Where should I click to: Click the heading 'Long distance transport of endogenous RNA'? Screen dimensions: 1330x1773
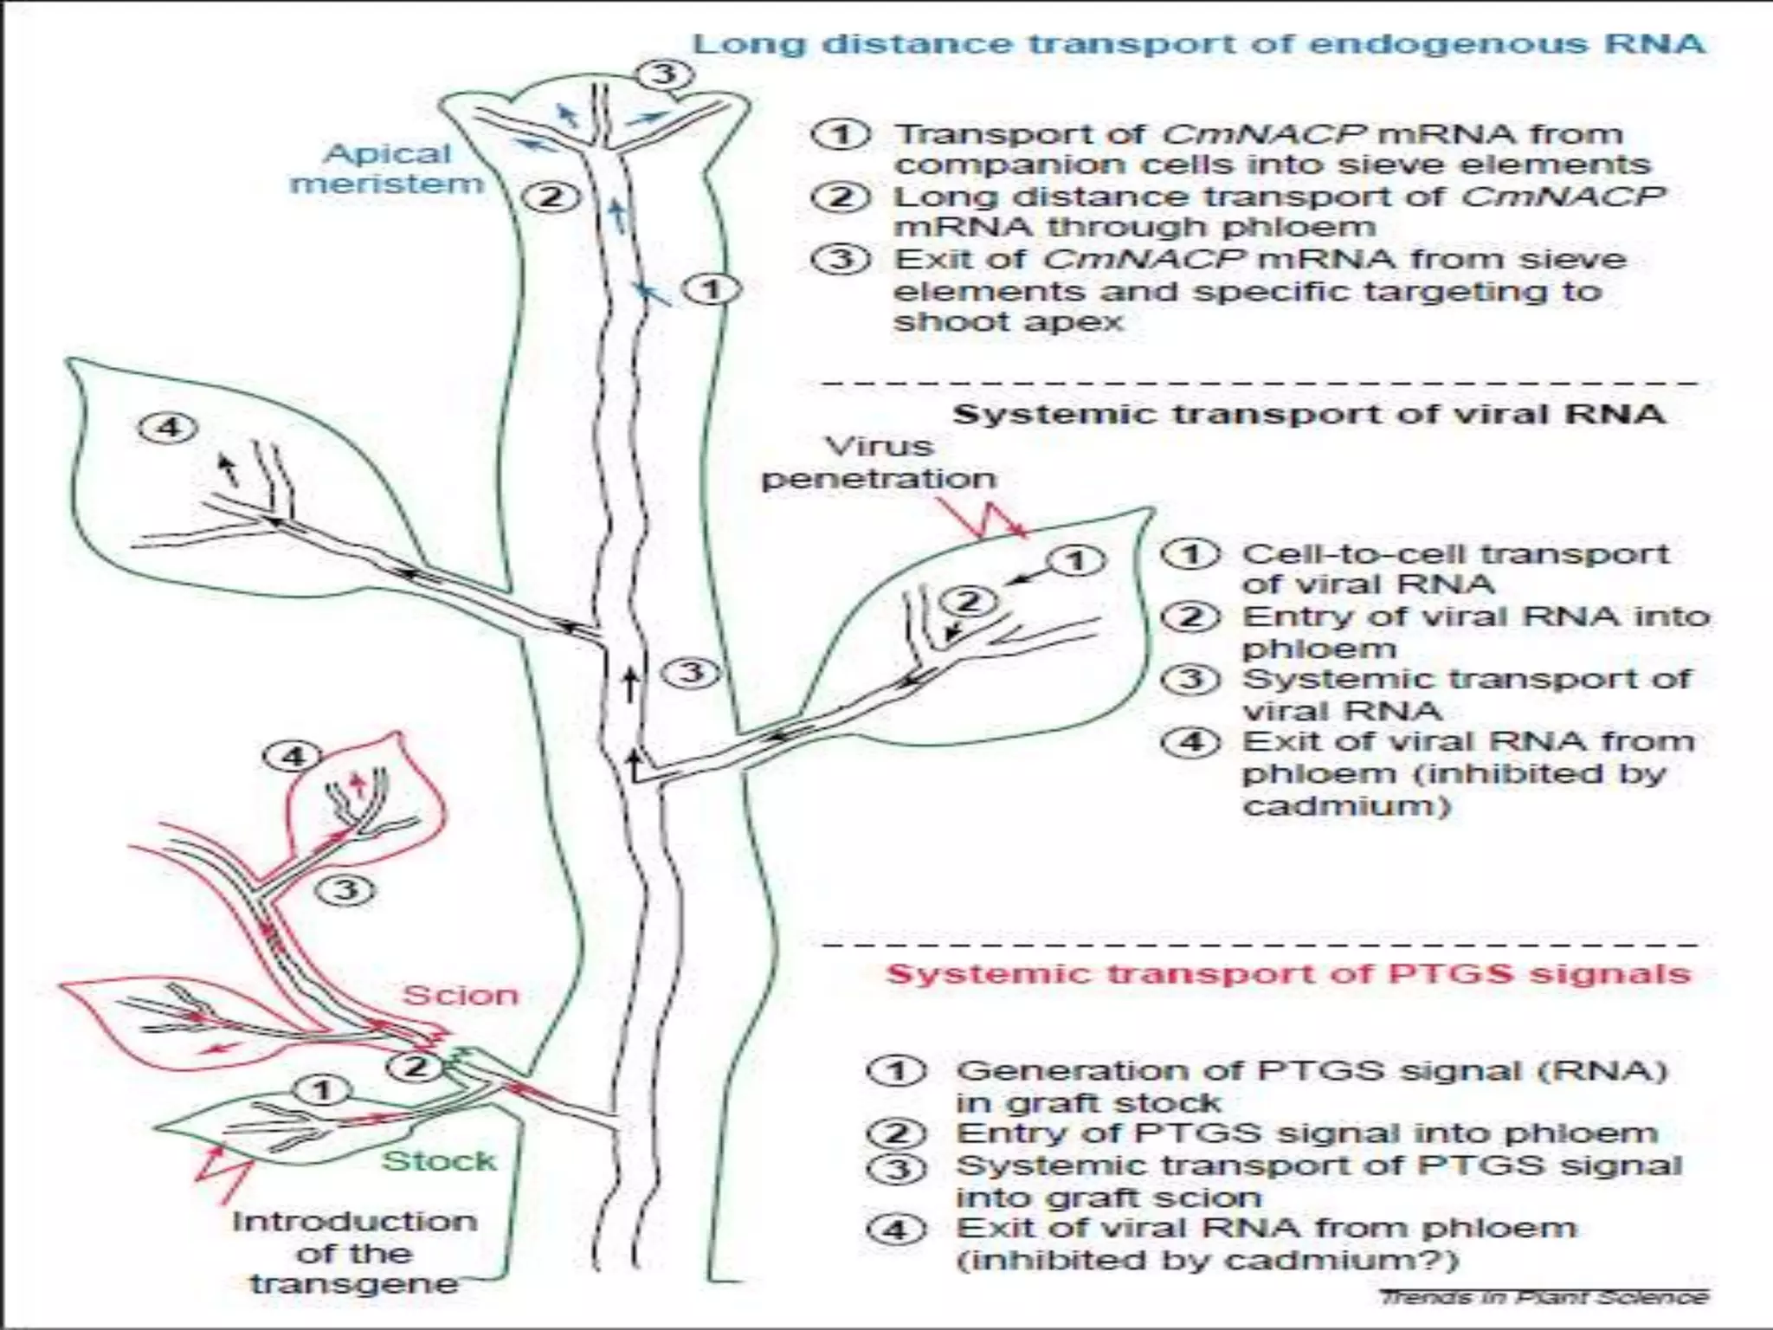[1198, 44]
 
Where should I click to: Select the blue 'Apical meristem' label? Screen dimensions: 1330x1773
[387, 169]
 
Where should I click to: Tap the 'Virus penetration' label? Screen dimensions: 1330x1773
[879, 463]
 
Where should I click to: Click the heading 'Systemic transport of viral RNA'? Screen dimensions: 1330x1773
[1308, 415]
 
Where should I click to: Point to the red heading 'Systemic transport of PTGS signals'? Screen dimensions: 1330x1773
[1287, 974]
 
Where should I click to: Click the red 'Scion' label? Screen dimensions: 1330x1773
[461, 996]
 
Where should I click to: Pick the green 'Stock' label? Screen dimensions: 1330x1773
[440, 1161]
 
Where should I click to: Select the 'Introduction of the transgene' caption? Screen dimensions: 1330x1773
[355, 1253]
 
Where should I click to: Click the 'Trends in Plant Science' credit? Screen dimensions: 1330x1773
[1544, 1296]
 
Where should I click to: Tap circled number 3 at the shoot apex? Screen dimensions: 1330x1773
[665, 74]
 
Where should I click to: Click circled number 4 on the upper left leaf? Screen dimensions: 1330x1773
[170, 427]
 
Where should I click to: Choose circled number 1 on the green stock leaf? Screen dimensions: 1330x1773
[322, 1090]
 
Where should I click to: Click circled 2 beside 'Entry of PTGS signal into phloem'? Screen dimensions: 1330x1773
[897, 1133]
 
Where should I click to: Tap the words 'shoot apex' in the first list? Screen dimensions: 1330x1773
[1009, 322]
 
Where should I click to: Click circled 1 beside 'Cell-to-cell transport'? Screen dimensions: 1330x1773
[1191, 554]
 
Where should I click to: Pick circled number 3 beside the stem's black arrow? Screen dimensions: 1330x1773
[691, 672]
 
